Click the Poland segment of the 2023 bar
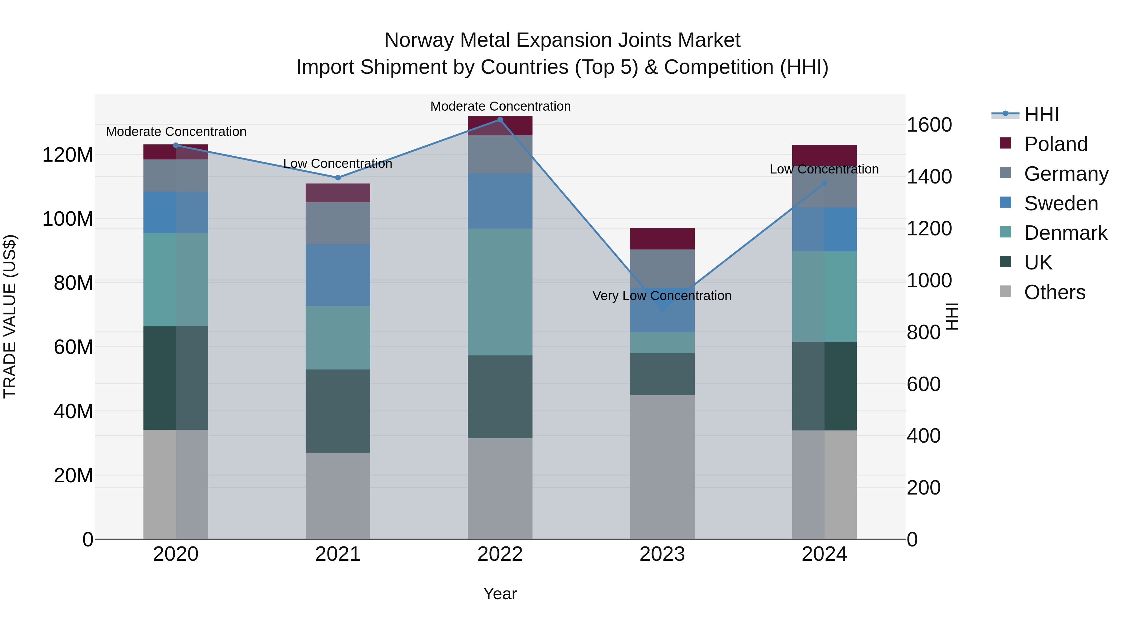click(x=662, y=239)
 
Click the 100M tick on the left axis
click(x=68, y=219)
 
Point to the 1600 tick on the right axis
click(x=929, y=125)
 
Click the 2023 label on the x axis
click(x=662, y=554)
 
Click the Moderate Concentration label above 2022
click(x=501, y=106)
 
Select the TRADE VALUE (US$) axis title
click(x=10, y=316)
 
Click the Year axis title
click(x=500, y=594)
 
